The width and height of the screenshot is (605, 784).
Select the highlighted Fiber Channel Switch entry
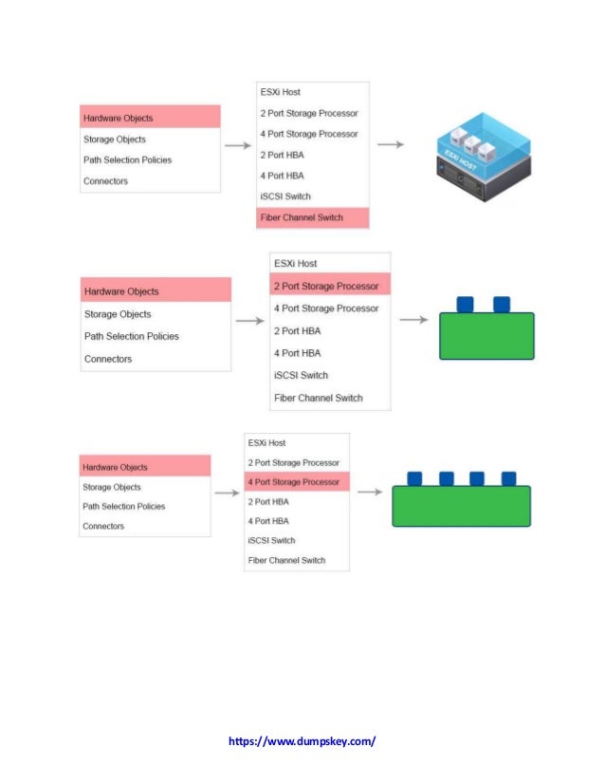point(301,217)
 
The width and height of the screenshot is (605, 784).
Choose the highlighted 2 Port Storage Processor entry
point(326,286)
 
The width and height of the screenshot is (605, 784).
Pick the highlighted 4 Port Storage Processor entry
point(294,481)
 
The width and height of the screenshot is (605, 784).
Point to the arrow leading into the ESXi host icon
point(391,145)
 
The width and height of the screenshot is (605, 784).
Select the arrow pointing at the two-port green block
point(412,320)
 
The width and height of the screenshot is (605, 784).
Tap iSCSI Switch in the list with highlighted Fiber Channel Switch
point(285,196)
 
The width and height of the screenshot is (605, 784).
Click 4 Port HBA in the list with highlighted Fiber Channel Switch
point(282,176)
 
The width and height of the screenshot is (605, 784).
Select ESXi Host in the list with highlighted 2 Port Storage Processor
point(296,263)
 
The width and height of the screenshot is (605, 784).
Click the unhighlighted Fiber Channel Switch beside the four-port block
point(286,560)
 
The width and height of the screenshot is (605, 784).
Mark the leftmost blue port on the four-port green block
point(414,478)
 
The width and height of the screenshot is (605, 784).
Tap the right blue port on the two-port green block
point(502,304)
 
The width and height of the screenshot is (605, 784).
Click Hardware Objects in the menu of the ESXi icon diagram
point(119,118)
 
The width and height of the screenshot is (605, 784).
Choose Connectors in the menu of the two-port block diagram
point(108,359)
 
